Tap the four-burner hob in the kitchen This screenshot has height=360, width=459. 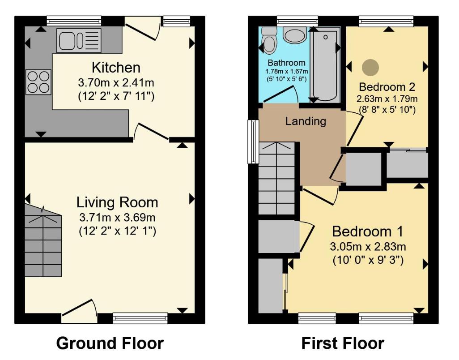pos(39,82)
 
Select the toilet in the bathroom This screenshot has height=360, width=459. pos(269,40)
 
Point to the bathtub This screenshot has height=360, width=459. pos(325,64)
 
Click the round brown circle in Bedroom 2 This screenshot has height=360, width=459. pos(370,67)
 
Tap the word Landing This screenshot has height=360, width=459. pos(306,121)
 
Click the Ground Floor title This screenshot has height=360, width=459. pos(110,343)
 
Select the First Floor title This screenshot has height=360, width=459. pos(342,343)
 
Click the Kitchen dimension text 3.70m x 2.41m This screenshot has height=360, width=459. pos(116,82)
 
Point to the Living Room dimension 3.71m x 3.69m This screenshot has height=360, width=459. pos(117,218)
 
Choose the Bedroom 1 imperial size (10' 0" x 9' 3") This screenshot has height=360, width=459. pos(368,260)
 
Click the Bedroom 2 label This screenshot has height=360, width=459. pos(387,86)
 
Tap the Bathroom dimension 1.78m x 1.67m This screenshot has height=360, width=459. pos(287,72)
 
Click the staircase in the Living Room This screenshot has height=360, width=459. pos(43,244)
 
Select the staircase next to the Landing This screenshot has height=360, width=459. pos(277,179)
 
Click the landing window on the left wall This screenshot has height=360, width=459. pos(254,141)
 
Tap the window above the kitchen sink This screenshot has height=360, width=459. pos(74,20)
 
